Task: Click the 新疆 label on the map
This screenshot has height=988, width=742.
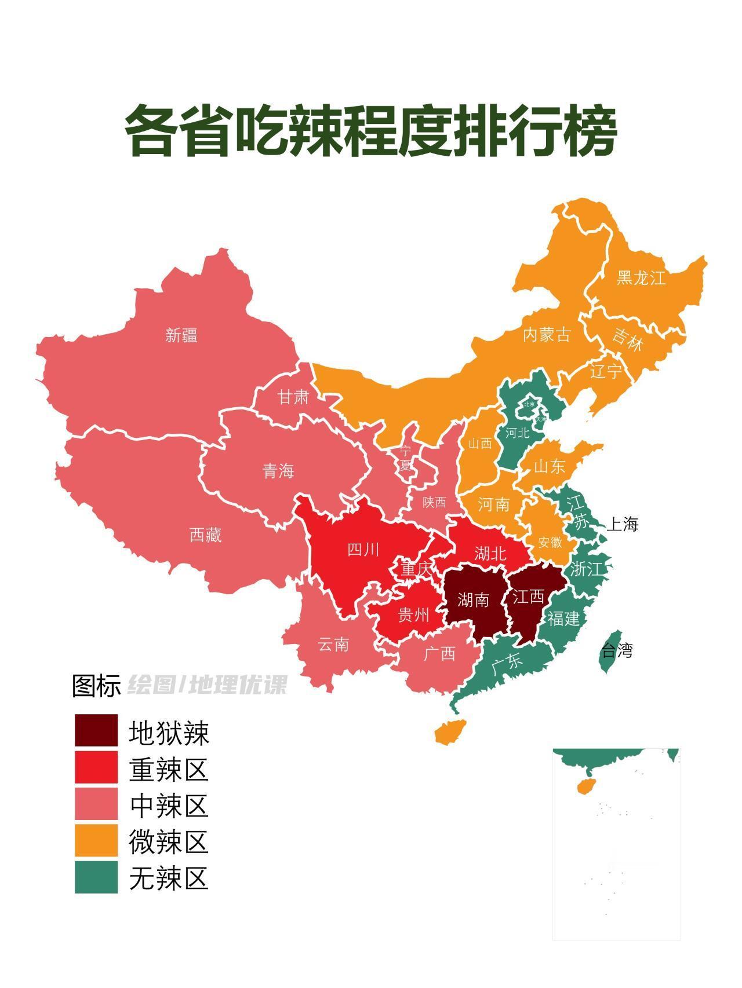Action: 181,335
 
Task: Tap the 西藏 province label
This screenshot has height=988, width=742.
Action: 206,535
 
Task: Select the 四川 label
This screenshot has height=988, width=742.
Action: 363,549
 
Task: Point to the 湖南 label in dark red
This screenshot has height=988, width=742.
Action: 473,599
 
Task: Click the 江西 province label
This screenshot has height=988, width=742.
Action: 528,595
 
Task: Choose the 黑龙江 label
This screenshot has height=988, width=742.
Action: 641,278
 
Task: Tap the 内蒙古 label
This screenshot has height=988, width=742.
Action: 547,335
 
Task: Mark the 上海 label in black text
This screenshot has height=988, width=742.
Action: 622,525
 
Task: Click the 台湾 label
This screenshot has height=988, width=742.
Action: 617,651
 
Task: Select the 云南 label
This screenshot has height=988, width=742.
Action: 333,644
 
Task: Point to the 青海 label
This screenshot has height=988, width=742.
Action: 279,471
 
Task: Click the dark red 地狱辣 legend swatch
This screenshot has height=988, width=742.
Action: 96,730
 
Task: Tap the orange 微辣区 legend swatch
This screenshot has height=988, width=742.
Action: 96,840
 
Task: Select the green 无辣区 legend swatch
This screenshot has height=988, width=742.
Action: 96,877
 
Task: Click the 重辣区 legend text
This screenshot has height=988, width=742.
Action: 169,770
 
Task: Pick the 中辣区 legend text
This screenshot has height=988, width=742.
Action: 169,806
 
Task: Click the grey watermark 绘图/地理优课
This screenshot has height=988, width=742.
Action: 207,685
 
